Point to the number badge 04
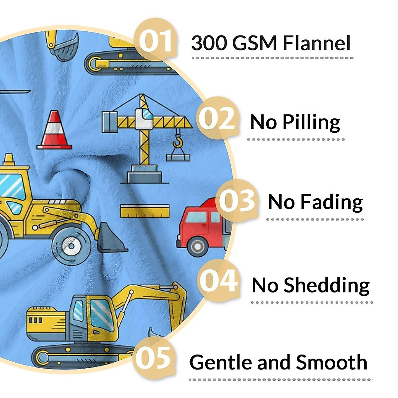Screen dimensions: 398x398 [x=219, y=281]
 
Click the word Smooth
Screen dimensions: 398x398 [x=332, y=362]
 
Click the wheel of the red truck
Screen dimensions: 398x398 [x=198, y=246]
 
